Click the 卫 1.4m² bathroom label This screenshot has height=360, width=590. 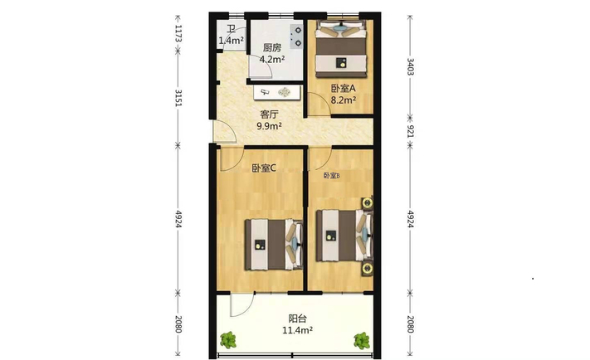point(231,35)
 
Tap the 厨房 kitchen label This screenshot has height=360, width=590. point(272,48)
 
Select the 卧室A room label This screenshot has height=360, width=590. point(344,89)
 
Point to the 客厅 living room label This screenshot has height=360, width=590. point(270,114)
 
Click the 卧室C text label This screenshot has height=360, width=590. point(264,168)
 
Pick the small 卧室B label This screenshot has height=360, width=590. point(331,176)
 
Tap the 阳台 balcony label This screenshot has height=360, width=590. point(298,319)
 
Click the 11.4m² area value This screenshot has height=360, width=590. point(298,330)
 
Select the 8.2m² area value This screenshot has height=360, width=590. point(344,100)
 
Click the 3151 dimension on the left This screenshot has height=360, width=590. point(178,98)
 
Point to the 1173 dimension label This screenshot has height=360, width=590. point(178,33)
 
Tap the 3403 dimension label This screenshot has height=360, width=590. point(411,66)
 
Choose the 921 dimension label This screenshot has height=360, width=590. point(411,131)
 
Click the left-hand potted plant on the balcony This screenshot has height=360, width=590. point(228,340)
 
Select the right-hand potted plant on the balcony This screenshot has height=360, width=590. point(362,340)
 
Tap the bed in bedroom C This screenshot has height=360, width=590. point(274,245)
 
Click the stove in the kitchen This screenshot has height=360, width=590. point(296,36)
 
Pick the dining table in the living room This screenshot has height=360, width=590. point(277,92)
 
